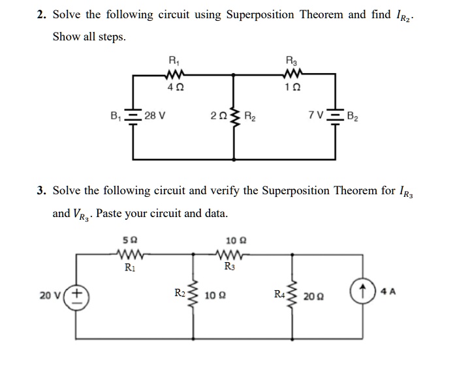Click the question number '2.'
click(x=42, y=14)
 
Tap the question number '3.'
click(x=42, y=191)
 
